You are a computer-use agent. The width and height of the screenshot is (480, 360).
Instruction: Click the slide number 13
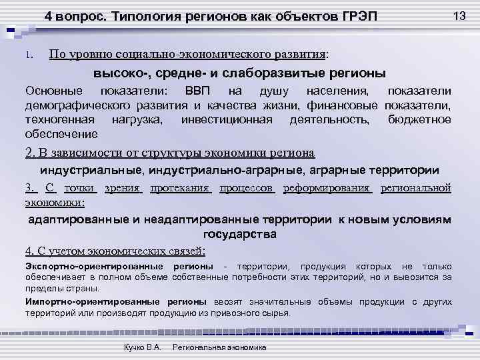pos(459,15)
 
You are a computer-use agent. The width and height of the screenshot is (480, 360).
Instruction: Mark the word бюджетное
pos(419,119)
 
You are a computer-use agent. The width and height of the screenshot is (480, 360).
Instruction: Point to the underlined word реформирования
pos(327,187)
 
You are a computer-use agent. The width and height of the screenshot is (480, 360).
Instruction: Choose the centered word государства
pos(239,235)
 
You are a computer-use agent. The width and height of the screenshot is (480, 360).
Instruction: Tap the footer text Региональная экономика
pos(219,347)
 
